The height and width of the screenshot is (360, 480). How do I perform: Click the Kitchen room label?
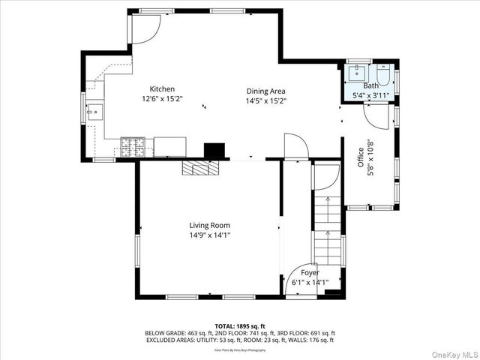click(162, 88)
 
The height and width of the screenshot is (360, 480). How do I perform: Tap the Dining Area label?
click(265, 91)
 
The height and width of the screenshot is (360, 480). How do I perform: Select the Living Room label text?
click(209, 225)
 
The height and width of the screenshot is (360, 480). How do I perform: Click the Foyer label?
click(310, 272)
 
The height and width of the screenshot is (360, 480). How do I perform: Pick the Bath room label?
click(371, 85)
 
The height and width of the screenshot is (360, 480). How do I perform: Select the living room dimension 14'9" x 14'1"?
click(209, 235)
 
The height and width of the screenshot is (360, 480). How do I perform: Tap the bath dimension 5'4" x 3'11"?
click(371, 95)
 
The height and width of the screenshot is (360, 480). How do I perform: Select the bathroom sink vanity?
click(355, 73)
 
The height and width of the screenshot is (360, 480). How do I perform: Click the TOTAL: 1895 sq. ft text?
click(239, 326)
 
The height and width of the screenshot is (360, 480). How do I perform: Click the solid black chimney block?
click(215, 150)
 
